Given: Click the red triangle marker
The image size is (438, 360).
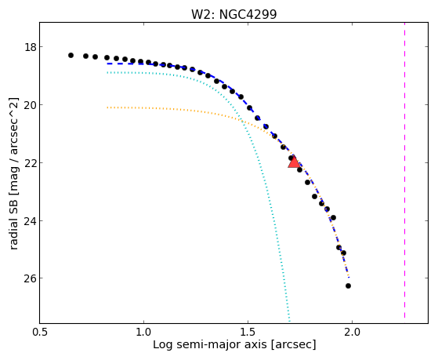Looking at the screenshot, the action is (294, 162).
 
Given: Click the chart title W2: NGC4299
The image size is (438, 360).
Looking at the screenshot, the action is (233, 14).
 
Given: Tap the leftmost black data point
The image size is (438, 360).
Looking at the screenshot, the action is (71, 56).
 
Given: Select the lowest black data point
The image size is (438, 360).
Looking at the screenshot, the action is (348, 285).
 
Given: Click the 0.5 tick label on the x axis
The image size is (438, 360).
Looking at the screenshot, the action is (39, 332).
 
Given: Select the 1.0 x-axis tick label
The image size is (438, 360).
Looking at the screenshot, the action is (143, 332).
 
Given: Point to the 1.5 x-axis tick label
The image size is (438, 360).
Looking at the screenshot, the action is (248, 332).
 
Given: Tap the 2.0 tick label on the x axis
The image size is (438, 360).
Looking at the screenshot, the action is (353, 332).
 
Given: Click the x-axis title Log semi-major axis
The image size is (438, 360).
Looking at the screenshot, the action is (209, 344).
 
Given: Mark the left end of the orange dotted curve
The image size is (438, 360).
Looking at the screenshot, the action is (107, 107).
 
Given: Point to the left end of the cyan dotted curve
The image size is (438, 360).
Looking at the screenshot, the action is (107, 73).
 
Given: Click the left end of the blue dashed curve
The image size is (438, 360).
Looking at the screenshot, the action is (107, 64).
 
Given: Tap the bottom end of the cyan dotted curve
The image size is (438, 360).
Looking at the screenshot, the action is (289, 322).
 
